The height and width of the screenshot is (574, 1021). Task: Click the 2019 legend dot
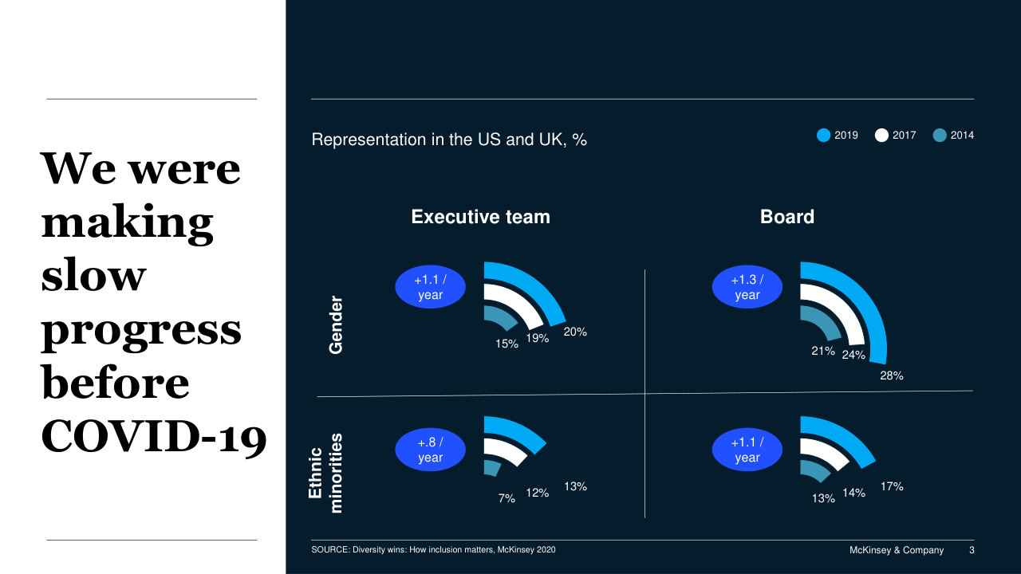pyautogui.click(x=824, y=136)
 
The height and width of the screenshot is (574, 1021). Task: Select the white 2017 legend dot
pyautogui.click(x=881, y=136)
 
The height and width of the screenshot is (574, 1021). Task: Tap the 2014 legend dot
pyautogui.click(x=940, y=136)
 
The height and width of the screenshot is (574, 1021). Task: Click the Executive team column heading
pyautogui.click(x=480, y=217)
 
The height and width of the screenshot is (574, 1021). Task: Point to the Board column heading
pyautogui.click(x=787, y=217)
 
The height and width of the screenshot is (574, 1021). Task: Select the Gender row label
pyautogui.click(x=336, y=325)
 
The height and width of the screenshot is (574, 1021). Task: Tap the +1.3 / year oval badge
pyautogui.click(x=747, y=288)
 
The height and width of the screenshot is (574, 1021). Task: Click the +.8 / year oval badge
pyautogui.click(x=430, y=450)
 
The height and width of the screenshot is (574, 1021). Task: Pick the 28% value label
pyautogui.click(x=891, y=375)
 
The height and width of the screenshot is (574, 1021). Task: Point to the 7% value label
pyautogui.click(x=507, y=498)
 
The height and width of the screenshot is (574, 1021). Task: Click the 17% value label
pyautogui.click(x=892, y=486)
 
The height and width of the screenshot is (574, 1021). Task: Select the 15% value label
pyautogui.click(x=507, y=344)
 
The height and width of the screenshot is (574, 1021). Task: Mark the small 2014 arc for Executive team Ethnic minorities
pyautogui.click(x=492, y=466)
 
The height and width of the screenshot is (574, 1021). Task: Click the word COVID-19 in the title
pyautogui.click(x=153, y=436)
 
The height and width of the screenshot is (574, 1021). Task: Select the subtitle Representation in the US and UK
pyautogui.click(x=449, y=140)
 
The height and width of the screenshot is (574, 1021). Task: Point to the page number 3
pyautogui.click(x=971, y=550)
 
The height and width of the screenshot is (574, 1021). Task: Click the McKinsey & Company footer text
pyautogui.click(x=896, y=550)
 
